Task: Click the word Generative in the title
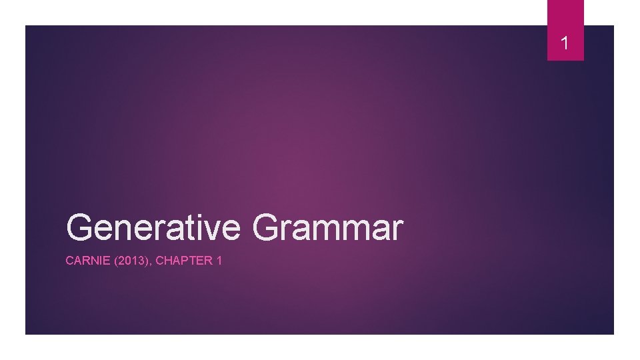(x=153, y=227)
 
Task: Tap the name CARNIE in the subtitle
(x=83, y=261)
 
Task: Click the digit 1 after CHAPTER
(x=219, y=261)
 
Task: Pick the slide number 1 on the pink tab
(x=565, y=45)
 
